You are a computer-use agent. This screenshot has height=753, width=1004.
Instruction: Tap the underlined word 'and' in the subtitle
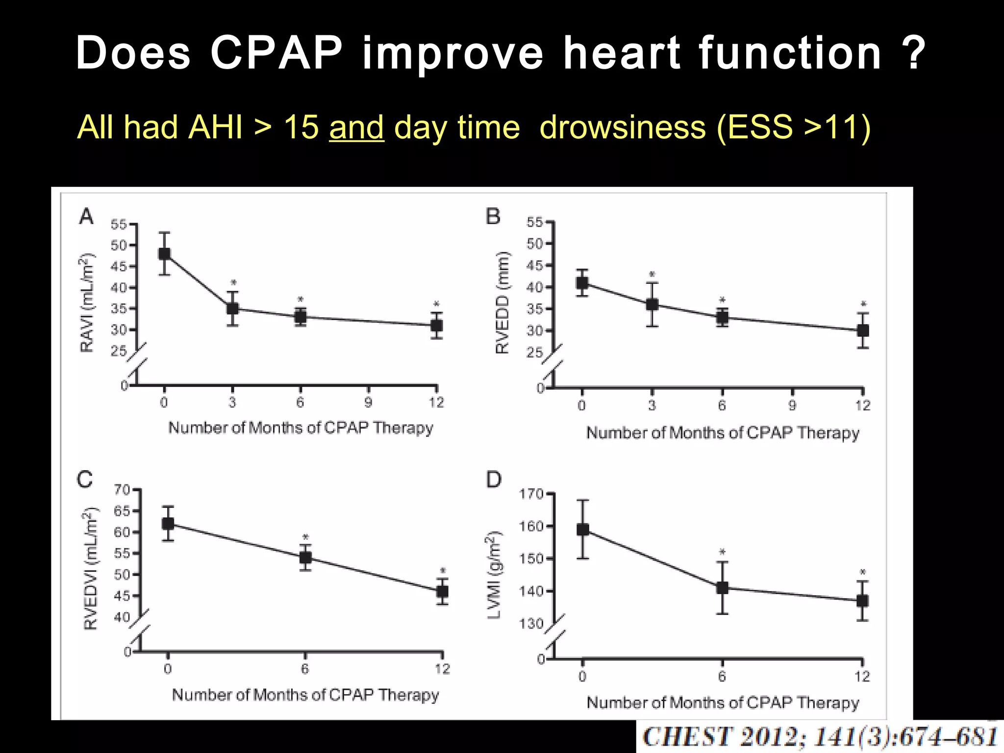(356, 127)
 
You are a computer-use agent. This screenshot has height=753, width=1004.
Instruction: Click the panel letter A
(86, 216)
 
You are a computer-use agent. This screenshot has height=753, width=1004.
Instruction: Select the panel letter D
(494, 479)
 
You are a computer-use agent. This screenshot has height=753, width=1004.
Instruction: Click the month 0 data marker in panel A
(164, 253)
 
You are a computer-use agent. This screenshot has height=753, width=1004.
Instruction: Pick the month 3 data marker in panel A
(232, 309)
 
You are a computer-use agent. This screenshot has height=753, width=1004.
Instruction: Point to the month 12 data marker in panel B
(863, 330)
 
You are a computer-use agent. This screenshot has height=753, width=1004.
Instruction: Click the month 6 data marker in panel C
(305, 557)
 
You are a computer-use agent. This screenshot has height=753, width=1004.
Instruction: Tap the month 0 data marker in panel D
(582, 529)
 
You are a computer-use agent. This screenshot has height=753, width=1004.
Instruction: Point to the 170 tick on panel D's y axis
(531, 494)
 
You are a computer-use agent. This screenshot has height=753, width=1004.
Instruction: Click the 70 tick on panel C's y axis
(122, 490)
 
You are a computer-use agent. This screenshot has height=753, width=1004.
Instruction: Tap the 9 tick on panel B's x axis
(792, 406)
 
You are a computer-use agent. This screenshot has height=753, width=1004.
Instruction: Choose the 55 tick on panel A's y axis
(119, 225)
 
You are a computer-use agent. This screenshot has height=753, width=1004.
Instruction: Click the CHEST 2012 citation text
(820, 737)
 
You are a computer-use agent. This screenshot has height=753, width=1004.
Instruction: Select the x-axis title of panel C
(305, 695)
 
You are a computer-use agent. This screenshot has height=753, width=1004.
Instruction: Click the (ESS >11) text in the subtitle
(793, 127)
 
